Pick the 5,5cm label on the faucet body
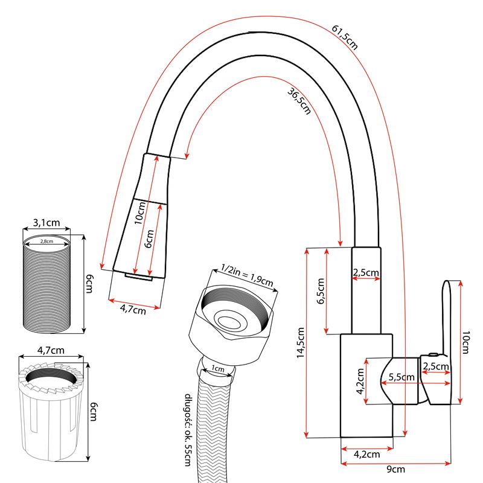click(402, 377)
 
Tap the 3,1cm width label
click(46, 223)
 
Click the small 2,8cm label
click(46, 241)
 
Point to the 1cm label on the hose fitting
click(217, 369)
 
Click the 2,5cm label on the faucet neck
click(366, 273)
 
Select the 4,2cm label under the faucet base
click(366, 453)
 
